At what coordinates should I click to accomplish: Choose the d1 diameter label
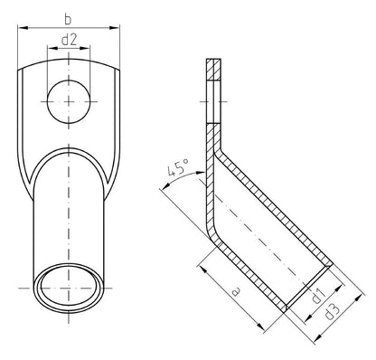(315, 297)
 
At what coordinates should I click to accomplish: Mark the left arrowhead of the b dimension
(22, 29)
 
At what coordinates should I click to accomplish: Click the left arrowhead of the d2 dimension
(52, 52)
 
